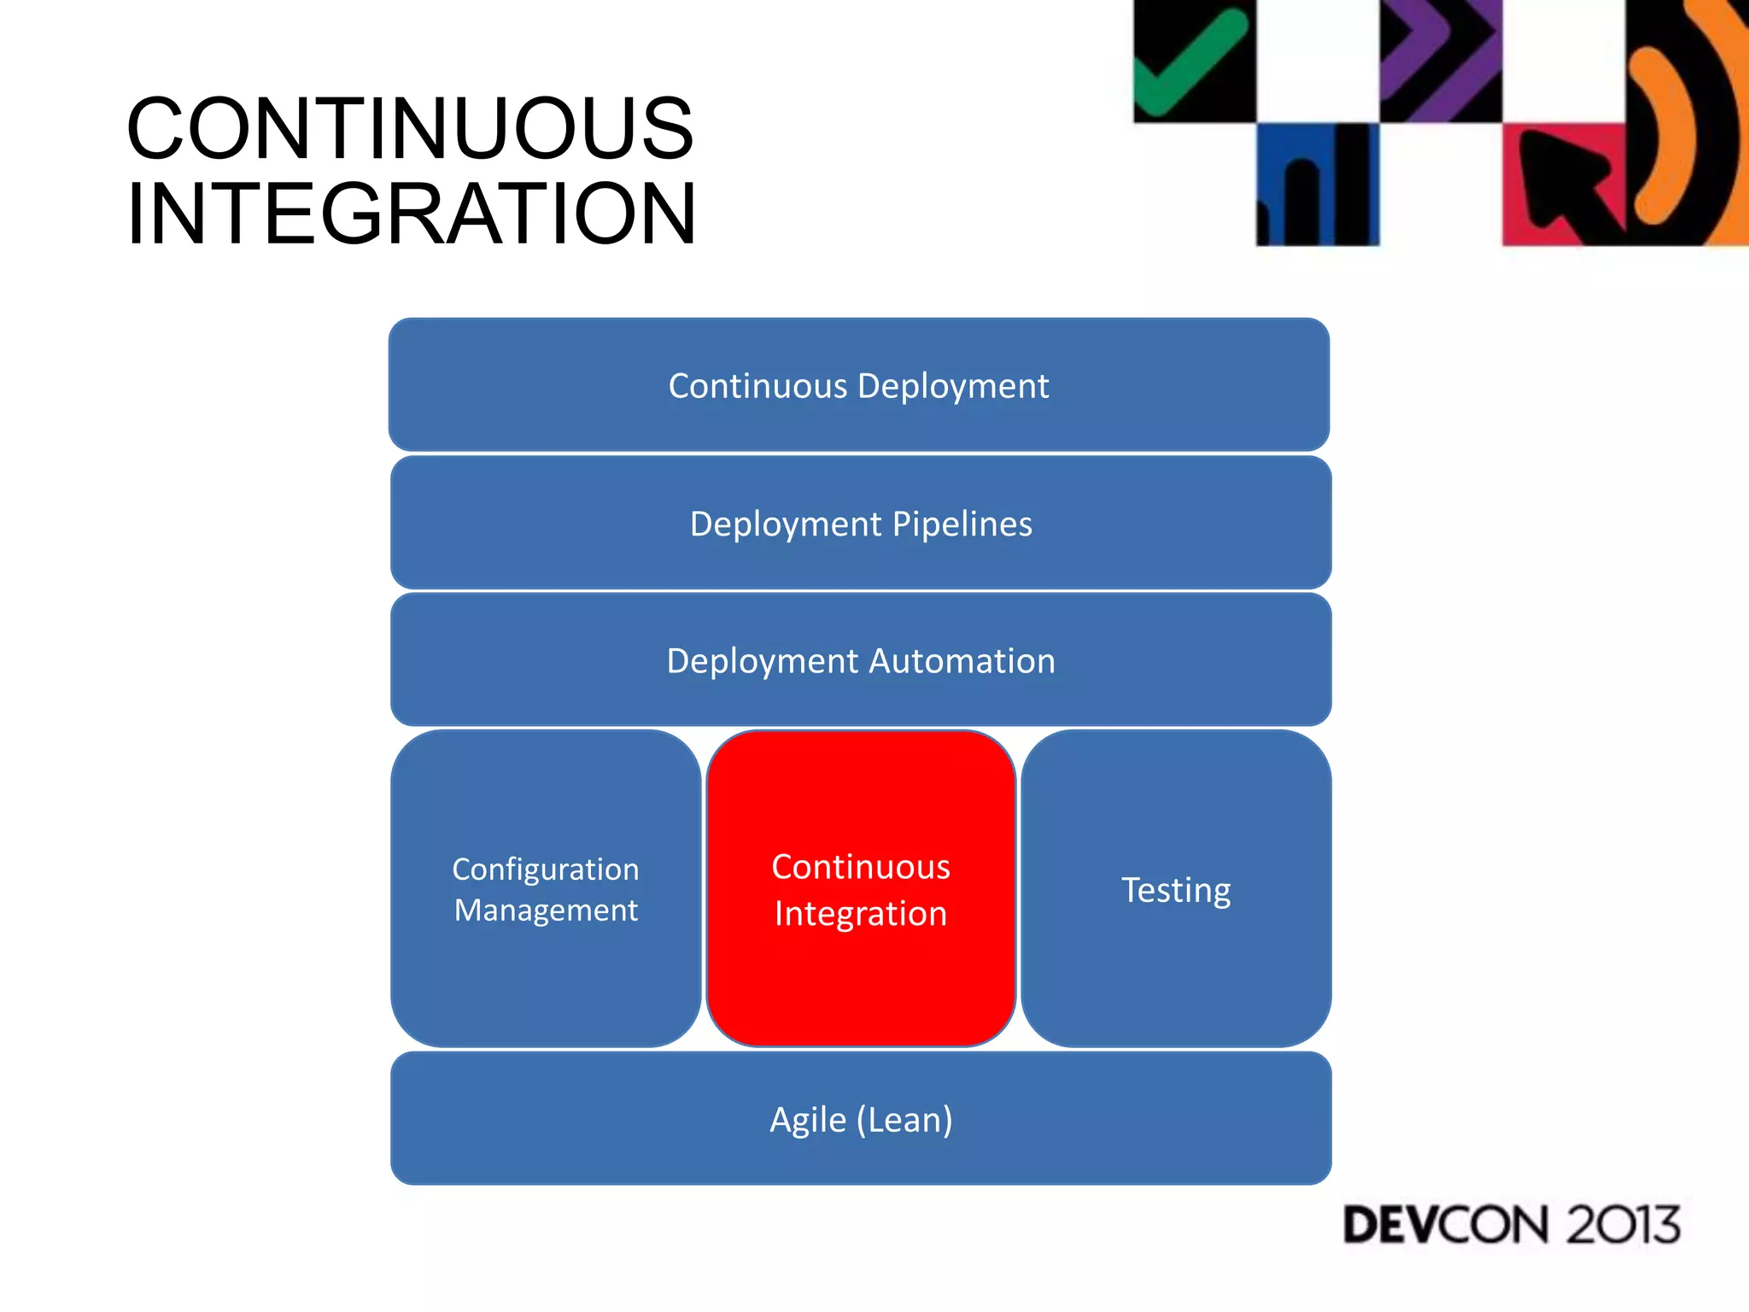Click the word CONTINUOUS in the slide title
click(x=410, y=129)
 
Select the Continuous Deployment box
click(x=858, y=385)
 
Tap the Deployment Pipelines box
click(x=860, y=523)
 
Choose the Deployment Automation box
click(x=860, y=660)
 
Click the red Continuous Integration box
click(x=860, y=889)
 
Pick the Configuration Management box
click(x=546, y=889)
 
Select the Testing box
click(x=1175, y=889)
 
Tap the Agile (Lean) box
click(x=860, y=1119)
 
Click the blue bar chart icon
click(x=1316, y=184)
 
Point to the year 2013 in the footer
click(x=1621, y=1225)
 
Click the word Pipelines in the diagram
click(x=962, y=524)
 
